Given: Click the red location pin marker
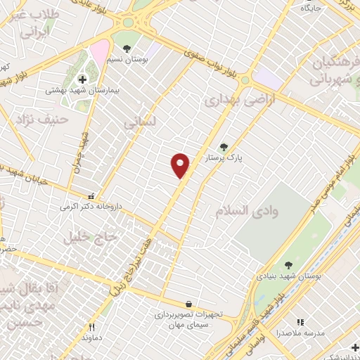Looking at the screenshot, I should (181, 165).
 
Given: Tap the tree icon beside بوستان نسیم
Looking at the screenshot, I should (126, 49).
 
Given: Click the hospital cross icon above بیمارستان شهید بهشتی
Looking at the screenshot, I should (82, 79).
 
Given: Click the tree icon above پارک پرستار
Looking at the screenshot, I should (224, 147).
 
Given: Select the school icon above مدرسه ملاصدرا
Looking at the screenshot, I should (301, 322).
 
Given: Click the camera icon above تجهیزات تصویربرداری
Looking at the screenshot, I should (183, 303).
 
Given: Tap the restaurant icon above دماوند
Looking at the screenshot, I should (91, 327).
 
